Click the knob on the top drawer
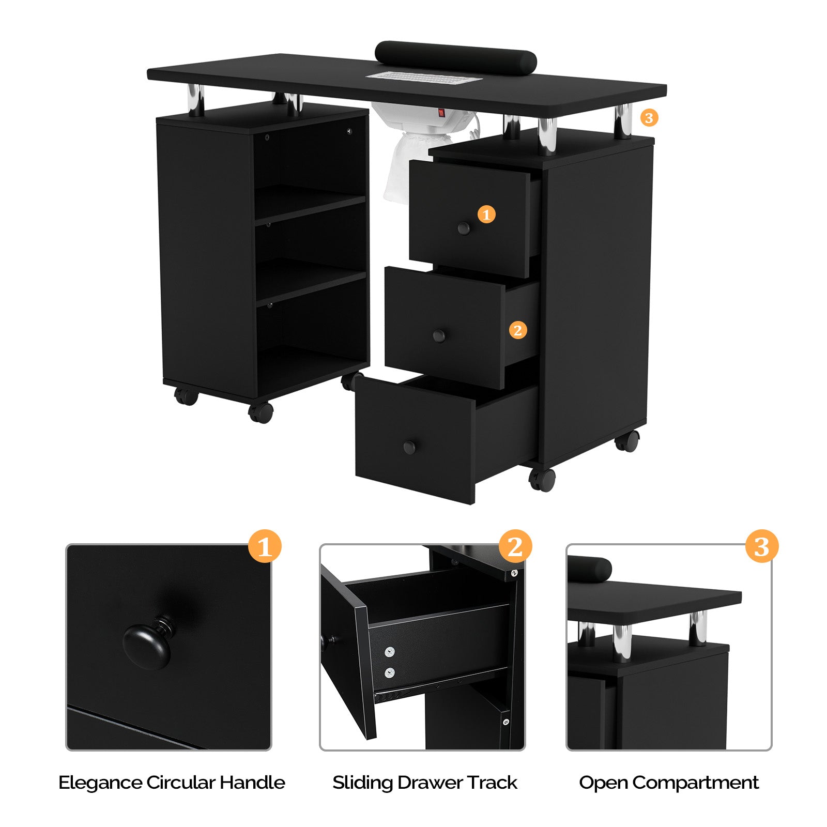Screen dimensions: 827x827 (464, 228)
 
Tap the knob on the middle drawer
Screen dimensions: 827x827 (439, 336)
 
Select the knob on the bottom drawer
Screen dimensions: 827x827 (409, 447)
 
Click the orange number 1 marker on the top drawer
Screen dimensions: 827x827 (486, 214)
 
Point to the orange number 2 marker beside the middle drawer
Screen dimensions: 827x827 (518, 330)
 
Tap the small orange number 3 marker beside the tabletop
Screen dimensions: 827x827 (649, 118)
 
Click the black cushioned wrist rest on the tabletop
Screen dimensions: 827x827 (455, 57)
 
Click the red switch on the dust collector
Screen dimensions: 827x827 (442, 112)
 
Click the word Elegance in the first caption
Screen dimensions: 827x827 (100, 783)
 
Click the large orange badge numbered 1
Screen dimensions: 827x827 (265, 546)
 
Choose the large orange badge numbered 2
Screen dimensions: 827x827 (515, 546)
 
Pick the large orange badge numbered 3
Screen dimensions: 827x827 (761, 546)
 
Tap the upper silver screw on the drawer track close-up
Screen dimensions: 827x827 (390, 652)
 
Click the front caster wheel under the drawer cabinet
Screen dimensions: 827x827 (542, 479)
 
